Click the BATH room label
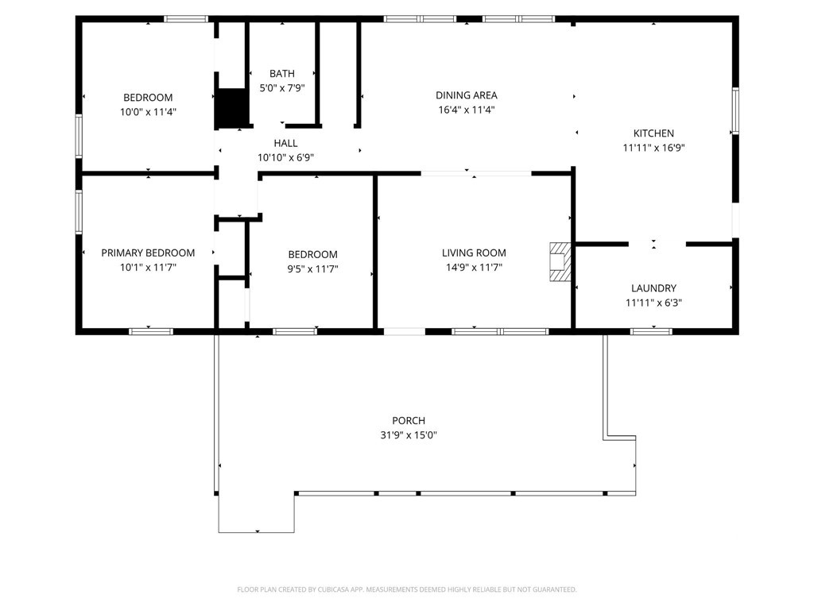pos(282,74)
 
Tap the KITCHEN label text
pos(653,133)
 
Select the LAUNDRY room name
pos(653,288)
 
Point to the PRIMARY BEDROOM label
pos(148,253)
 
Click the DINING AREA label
pos(466,95)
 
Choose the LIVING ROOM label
pos(474,253)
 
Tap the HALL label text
pos(285,143)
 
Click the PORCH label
pos(409,421)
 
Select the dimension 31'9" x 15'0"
pos(409,435)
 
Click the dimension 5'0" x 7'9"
pos(282,88)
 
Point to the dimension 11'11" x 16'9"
pos(653,148)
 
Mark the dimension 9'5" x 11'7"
pos(313,268)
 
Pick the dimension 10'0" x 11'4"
pos(148,111)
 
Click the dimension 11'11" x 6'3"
pos(653,303)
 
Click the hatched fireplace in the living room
pos(560,262)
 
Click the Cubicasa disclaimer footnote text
pos(407,590)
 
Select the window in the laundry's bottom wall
pos(652,331)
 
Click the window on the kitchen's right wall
pos(735,111)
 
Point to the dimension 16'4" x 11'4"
pos(466,110)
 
